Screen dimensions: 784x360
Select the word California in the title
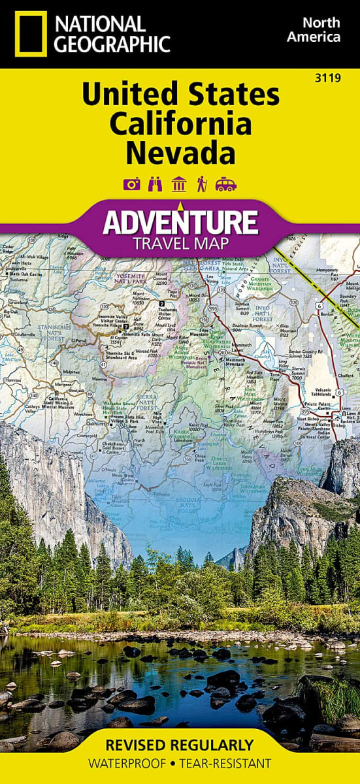(180, 123)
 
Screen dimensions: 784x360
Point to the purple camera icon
(132, 184)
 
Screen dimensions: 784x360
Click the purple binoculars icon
(155, 184)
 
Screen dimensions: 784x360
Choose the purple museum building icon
(178, 184)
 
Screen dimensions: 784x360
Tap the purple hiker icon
(201, 184)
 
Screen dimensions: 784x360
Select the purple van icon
(225, 184)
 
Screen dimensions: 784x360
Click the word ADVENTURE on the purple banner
(180, 221)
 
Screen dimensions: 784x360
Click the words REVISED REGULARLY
(180, 745)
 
